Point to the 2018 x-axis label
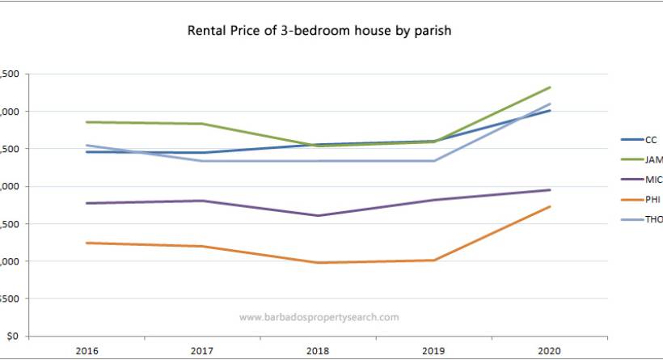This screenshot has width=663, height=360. pos(318,352)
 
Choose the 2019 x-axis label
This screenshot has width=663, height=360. pos(434,352)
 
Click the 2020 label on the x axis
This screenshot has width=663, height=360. pos(550,352)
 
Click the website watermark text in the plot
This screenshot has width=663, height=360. pos(319,317)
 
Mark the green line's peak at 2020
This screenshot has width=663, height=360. pos(550,87)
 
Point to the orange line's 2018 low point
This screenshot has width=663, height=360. pos(318,263)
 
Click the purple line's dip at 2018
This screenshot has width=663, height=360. pos(318,215)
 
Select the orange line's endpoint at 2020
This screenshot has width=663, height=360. pos(550,206)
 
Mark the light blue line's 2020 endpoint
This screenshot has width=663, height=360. pos(550,104)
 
